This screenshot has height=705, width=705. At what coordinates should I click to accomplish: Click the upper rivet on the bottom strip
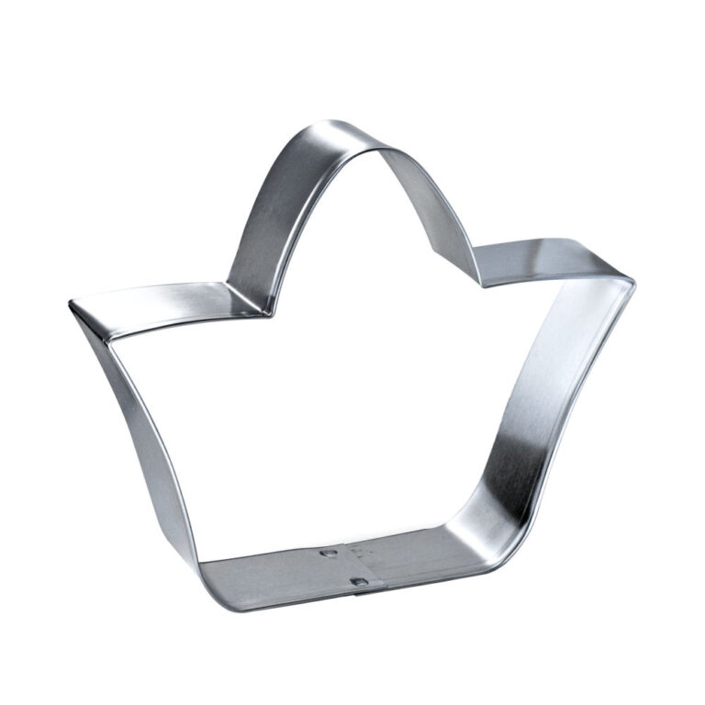click(x=326, y=553)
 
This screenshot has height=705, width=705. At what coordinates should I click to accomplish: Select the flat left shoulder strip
click(x=156, y=303)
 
